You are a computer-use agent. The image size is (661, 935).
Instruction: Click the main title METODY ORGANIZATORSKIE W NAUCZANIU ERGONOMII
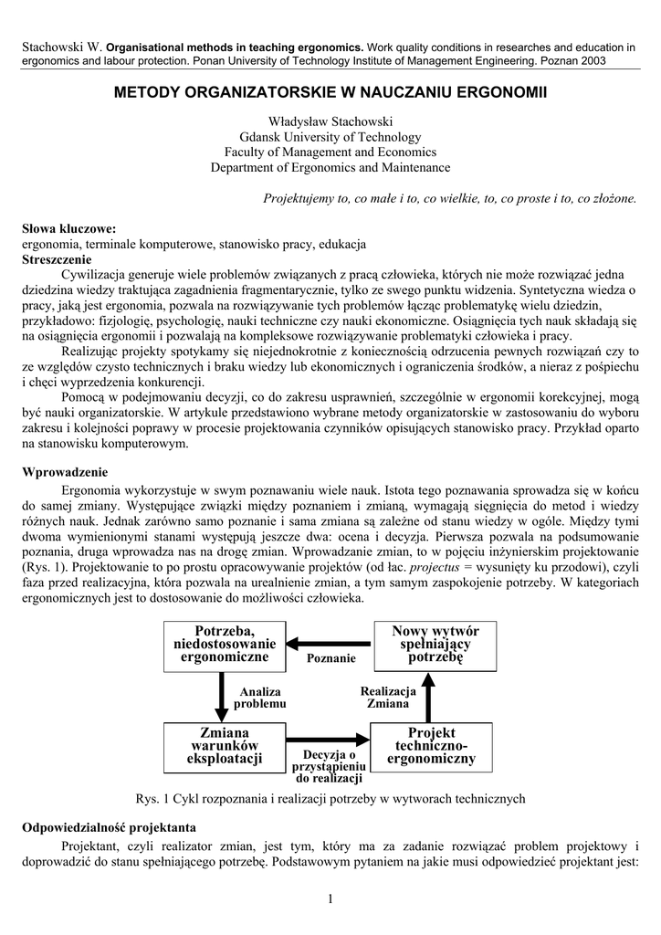pos(330,93)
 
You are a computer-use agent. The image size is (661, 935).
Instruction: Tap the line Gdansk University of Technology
pos(330,138)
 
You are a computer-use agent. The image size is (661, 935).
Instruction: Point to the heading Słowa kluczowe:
pos(69,229)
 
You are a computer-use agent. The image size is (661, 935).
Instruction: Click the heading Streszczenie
pos(57,259)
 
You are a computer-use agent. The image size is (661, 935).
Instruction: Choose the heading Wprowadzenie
pos(65,472)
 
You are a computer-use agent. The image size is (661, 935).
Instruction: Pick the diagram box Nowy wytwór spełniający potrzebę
pos(435,645)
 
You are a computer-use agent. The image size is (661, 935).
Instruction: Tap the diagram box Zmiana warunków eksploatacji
pos(225,746)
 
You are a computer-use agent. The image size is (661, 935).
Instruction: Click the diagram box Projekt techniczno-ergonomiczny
pos(431,746)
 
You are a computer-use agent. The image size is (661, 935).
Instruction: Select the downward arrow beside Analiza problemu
pos(221,696)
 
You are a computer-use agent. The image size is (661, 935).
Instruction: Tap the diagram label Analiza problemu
pos(260,699)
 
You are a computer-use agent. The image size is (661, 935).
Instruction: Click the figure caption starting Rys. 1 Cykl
pos(330,798)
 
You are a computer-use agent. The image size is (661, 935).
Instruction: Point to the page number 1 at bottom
pos(330,900)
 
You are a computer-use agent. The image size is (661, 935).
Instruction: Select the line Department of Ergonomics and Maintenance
pos(330,167)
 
